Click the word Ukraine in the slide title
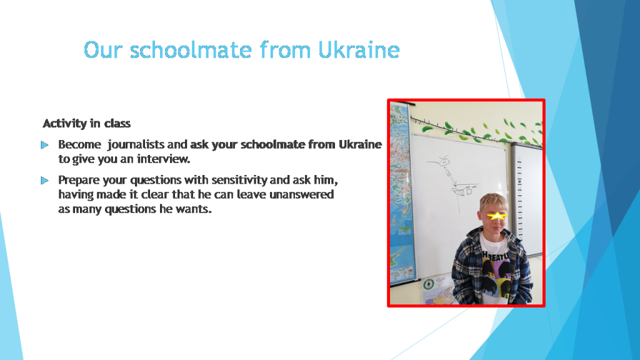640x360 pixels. pyautogui.click(x=359, y=50)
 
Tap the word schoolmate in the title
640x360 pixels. pyautogui.click(x=191, y=50)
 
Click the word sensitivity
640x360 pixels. pyautogui.click(x=239, y=180)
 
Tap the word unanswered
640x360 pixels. pyautogui.click(x=302, y=194)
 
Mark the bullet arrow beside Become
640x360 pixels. pyautogui.click(x=44, y=145)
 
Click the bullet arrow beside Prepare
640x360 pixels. pyautogui.click(x=44, y=181)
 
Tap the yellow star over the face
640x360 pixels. pyautogui.click(x=497, y=216)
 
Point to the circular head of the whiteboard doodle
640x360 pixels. pyautogui.click(x=444, y=162)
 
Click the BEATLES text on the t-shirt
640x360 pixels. pyautogui.click(x=496, y=256)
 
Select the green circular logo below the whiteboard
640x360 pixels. pyautogui.click(x=428, y=284)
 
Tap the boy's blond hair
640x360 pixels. pyautogui.click(x=494, y=202)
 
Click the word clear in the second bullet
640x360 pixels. pyautogui.click(x=155, y=194)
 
